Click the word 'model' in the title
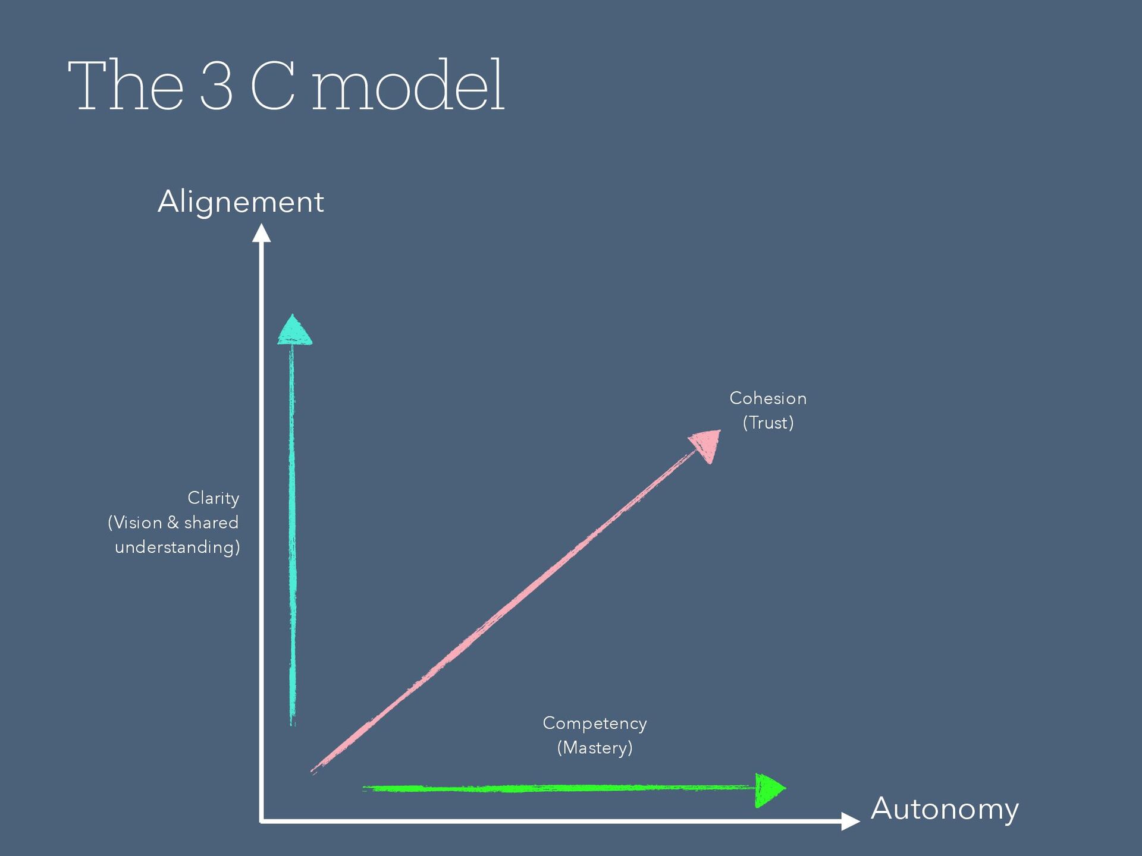(x=408, y=86)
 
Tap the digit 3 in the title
(x=216, y=86)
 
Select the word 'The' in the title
(x=126, y=86)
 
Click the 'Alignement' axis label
(x=241, y=202)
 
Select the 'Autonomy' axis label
(x=945, y=809)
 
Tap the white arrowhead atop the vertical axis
(x=261, y=233)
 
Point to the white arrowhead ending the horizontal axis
(x=850, y=821)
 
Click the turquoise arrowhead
(x=294, y=331)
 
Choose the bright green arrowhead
(x=769, y=789)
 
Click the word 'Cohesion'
(x=768, y=398)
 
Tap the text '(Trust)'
(x=768, y=423)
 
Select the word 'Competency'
(x=595, y=723)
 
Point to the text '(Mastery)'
(x=595, y=748)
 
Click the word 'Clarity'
(x=213, y=498)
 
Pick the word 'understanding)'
(x=177, y=547)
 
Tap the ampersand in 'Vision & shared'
(x=173, y=523)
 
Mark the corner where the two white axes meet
(x=262, y=821)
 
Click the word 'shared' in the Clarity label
(x=211, y=523)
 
